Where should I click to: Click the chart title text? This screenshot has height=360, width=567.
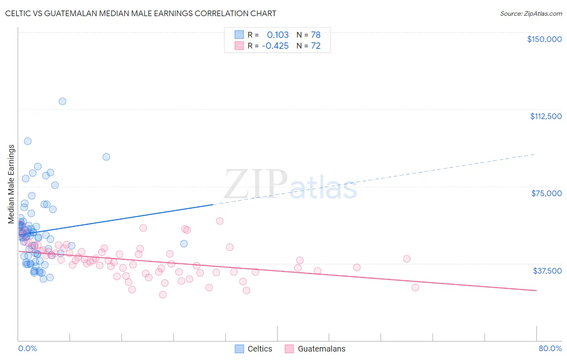tap(140, 13)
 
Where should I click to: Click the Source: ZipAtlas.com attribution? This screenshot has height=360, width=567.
tap(531, 13)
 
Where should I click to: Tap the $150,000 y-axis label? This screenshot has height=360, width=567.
tap(544, 39)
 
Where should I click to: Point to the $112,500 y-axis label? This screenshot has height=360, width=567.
tap(546, 116)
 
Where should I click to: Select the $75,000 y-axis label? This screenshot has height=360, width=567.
tap(546, 193)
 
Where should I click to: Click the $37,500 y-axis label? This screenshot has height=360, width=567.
tap(547, 271)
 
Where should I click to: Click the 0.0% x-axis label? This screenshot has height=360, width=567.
tap(27, 348)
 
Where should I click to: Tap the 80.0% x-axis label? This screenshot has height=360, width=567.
tap(550, 348)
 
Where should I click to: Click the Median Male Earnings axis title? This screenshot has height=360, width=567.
tap(11, 184)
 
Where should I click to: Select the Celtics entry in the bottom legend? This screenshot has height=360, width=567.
tap(260, 349)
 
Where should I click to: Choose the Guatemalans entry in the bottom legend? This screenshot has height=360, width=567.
tap(321, 349)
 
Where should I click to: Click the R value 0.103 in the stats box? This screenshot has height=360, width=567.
tap(278, 35)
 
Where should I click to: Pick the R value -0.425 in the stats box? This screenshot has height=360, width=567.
tap(275, 46)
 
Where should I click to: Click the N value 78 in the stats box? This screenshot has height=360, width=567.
tap(316, 35)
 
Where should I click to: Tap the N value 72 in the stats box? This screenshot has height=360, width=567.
tap(316, 46)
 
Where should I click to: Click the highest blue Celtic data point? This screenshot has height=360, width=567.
tap(63, 101)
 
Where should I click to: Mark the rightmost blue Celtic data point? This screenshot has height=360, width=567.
tap(184, 243)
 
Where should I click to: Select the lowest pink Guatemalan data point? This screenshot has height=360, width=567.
tap(163, 295)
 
